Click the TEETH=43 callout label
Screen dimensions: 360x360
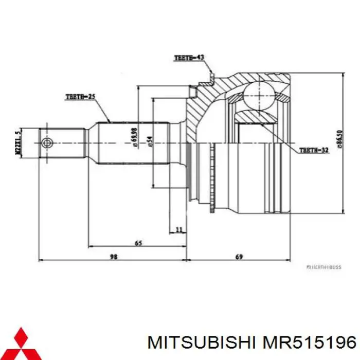point(189,58)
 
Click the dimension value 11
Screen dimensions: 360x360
point(178,229)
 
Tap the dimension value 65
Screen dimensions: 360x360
point(138,242)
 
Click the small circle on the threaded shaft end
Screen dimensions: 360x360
point(47,142)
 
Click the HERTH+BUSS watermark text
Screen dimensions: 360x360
point(324,267)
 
